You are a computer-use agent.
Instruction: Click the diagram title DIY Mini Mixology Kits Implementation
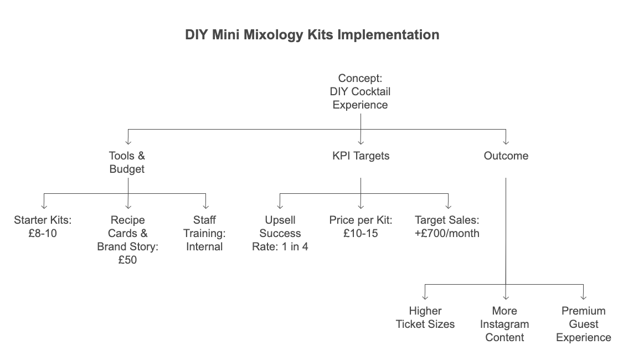(x=312, y=34)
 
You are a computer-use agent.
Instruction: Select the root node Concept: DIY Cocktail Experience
(x=361, y=91)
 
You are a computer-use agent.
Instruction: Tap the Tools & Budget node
(x=127, y=162)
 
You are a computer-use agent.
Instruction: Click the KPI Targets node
(x=361, y=156)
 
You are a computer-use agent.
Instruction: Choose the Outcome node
(x=506, y=156)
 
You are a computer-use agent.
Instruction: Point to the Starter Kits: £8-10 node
(x=43, y=227)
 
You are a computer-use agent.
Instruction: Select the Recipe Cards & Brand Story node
(x=127, y=240)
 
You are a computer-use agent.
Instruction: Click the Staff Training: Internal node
(x=204, y=233)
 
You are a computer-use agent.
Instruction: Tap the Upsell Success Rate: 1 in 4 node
(x=280, y=233)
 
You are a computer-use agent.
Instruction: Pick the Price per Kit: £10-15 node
(x=361, y=227)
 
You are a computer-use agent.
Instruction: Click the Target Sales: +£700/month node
(x=447, y=227)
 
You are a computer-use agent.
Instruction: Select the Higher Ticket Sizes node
(x=425, y=317)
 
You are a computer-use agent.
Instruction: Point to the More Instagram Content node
(x=504, y=324)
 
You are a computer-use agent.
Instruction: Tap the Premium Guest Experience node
(x=584, y=324)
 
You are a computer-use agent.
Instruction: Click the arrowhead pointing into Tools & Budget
(x=128, y=142)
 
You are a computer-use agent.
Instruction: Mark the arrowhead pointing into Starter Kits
(x=44, y=207)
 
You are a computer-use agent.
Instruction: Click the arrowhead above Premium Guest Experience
(x=583, y=297)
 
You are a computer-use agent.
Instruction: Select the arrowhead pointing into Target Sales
(x=448, y=207)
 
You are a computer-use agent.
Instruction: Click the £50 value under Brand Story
(x=127, y=260)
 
